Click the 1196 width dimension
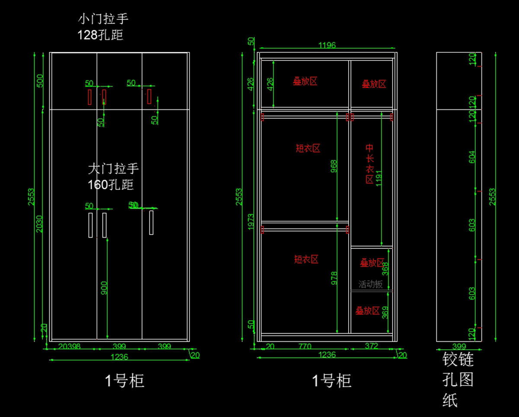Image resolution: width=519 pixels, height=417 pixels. coord(327,45)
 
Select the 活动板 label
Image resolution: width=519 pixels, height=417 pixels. coord(371,284)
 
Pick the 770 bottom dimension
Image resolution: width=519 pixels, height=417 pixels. coord(304,346)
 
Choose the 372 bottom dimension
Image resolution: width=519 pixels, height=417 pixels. coord(372,346)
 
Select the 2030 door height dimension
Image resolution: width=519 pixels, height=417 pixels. coord(39,224)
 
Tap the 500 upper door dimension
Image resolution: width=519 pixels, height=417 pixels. coord(40,81)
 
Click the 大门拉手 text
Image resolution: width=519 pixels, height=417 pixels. coord(113,168)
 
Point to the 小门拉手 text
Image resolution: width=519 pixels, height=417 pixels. coord(103,19)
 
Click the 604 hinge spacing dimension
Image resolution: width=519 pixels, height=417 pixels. coord(472,157)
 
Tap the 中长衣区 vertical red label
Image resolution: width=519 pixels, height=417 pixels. coord(370,164)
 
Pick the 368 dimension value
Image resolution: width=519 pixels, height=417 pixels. coord(385,269)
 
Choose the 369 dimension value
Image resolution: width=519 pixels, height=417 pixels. coord(385,312)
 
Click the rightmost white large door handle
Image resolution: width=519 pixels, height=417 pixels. coord(151,223)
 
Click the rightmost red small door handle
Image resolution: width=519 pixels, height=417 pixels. coord(149,96)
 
